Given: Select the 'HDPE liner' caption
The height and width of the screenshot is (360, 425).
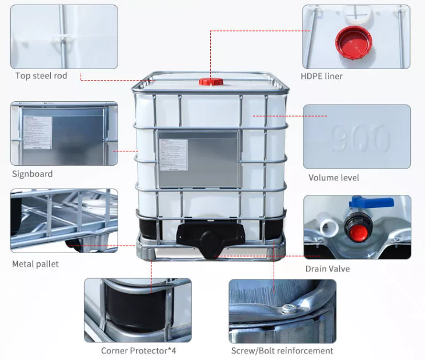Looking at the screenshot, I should tap(322, 76).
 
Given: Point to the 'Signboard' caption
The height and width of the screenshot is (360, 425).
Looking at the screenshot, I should tap(32, 174).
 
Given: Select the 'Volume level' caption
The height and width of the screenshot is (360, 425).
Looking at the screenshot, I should tap(334, 178).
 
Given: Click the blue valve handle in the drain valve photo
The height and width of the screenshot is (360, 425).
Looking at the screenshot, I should tap(372, 203).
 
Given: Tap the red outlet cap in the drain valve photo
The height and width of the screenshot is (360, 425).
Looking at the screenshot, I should tap(358, 231).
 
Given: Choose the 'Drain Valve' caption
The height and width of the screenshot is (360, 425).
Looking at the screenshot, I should tap(328, 269).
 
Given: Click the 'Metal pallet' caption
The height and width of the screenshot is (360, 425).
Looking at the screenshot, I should tap(35, 264).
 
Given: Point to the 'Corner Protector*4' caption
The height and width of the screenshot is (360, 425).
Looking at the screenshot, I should tap(138, 350).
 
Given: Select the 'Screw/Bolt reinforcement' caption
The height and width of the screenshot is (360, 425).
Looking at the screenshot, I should tap(282, 350).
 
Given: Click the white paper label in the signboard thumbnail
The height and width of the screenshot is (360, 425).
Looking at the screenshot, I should tap(38, 133).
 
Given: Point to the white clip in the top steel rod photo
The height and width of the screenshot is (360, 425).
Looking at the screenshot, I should tap(61, 39).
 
